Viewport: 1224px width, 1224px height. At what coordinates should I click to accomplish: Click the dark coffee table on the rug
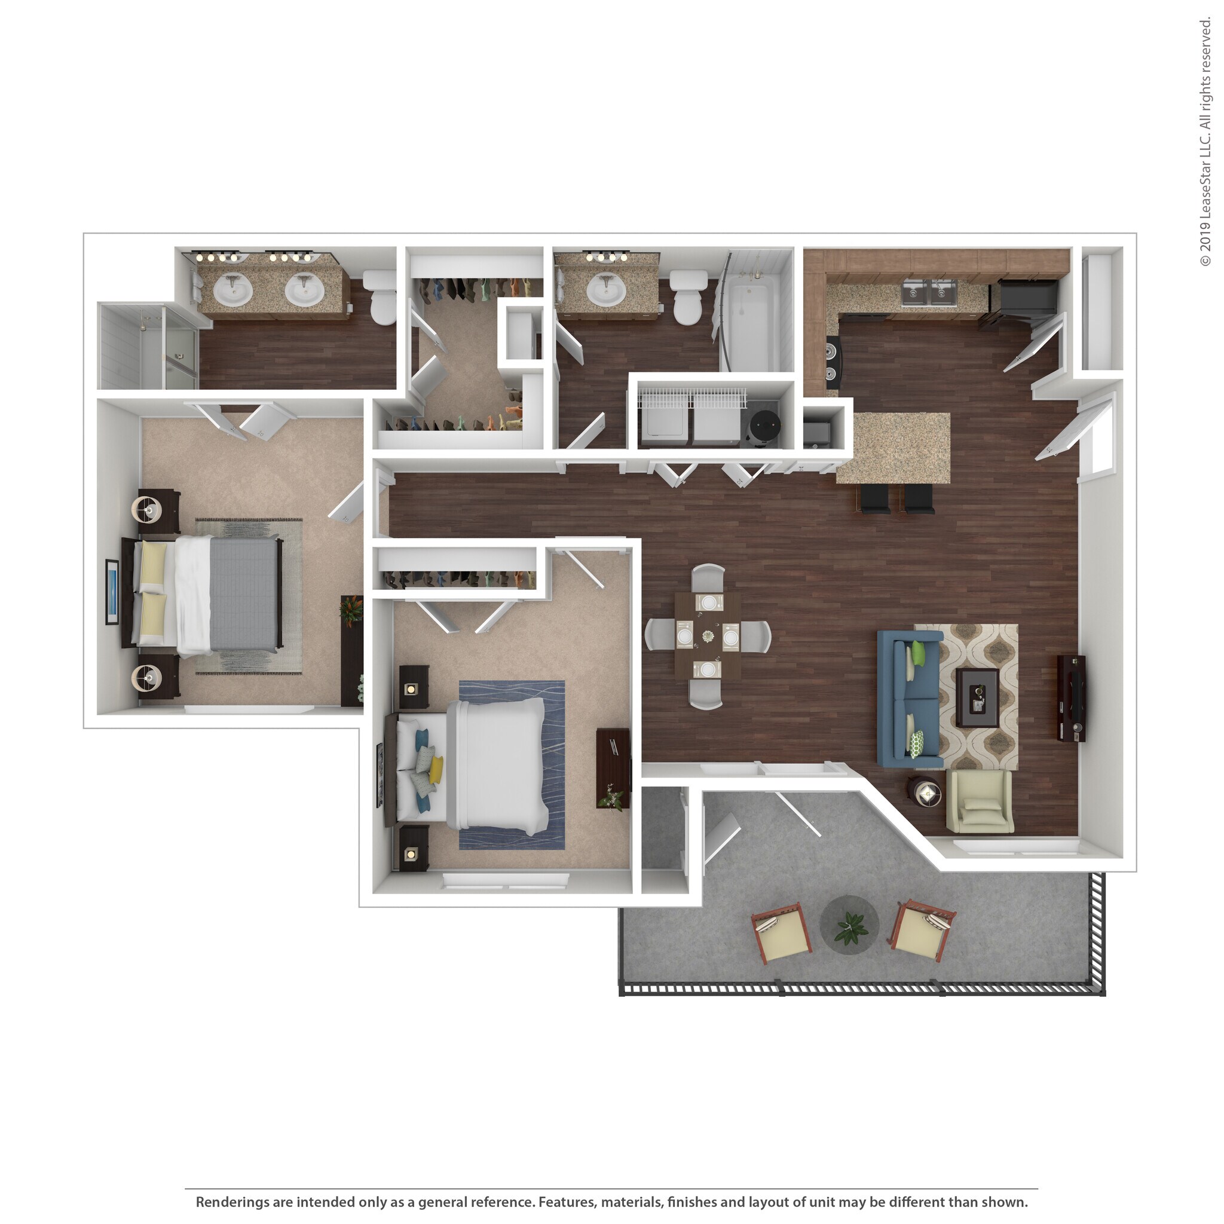point(977,697)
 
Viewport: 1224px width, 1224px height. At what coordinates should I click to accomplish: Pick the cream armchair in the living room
point(979,801)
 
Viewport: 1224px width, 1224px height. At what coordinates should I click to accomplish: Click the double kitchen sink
point(929,293)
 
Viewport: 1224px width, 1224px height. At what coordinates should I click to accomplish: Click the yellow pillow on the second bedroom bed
point(435,769)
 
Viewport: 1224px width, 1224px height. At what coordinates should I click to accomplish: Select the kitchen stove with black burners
point(832,363)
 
